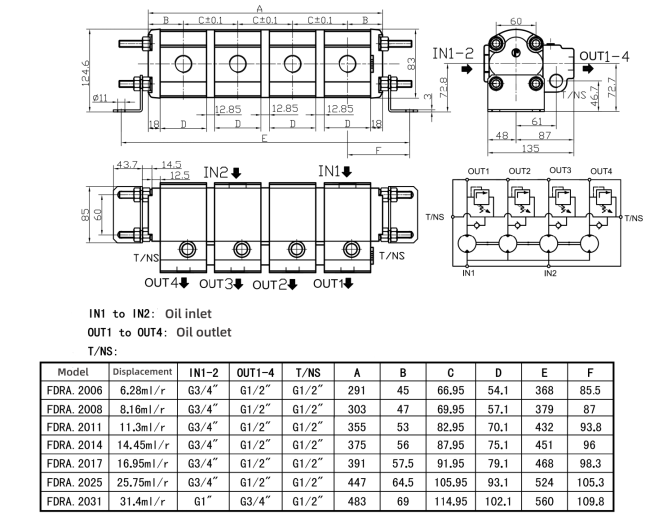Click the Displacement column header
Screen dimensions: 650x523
(142, 372)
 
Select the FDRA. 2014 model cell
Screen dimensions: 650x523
(75, 445)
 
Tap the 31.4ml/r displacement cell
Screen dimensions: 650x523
(142, 501)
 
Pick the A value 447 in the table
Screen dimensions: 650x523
(357, 482)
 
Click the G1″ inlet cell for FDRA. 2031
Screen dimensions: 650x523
(203, 501)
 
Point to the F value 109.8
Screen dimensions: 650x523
(590, 501)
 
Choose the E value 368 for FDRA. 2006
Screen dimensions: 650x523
(544, 390)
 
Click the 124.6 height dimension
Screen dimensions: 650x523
(86, 73)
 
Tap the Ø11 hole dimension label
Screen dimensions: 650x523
(100, 98)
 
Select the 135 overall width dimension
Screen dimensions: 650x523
(530, 148)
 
